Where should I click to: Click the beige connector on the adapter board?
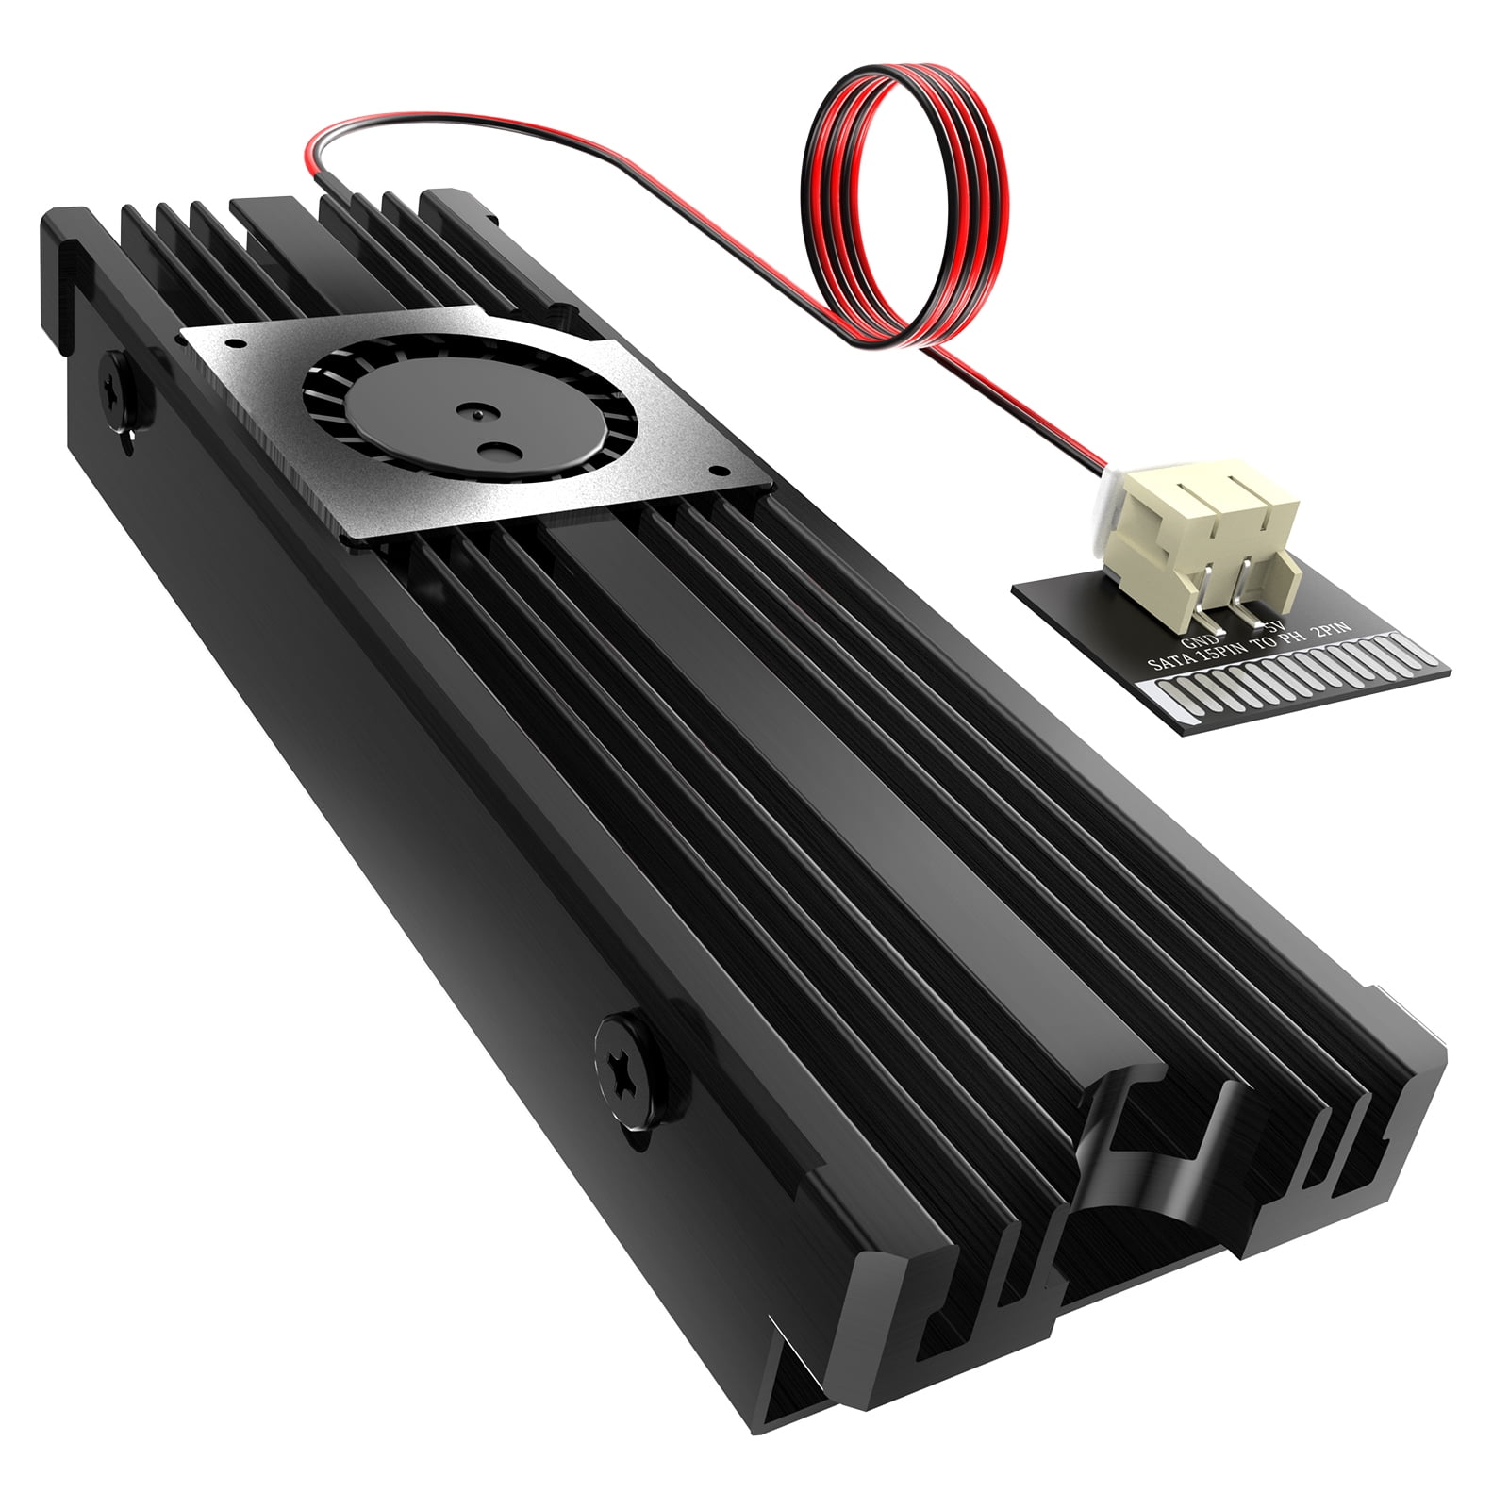pyautogui.click(x=1199, y=537)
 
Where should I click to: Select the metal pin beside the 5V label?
pyautogui.click(x=1251, y=605)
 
